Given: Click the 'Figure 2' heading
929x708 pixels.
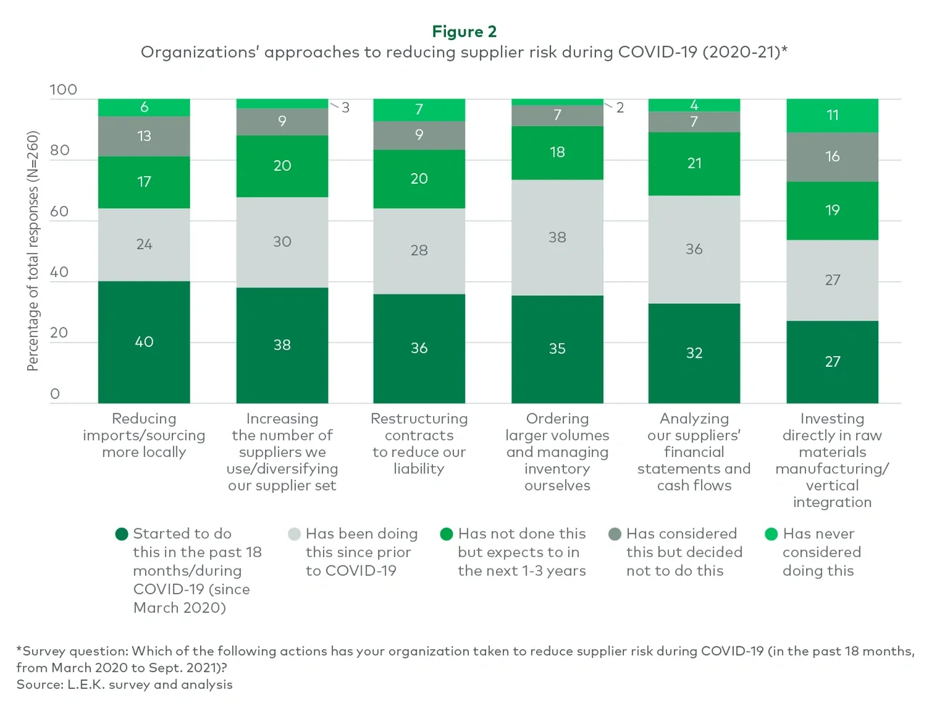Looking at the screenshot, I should pos(464,31).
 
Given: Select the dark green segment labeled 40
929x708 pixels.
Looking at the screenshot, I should pos(144,342).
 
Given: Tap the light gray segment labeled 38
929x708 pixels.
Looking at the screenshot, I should pos(557,237).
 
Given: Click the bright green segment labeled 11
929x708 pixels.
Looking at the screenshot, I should pos(832,115).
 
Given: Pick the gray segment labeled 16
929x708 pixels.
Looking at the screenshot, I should pos(832,157).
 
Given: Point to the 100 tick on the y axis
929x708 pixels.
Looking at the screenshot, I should pos(63,90).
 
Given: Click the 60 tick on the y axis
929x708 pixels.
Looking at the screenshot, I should pos(59,212).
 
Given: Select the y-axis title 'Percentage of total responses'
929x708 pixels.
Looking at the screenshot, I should pos(33,250).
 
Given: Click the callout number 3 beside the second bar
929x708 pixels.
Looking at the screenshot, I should pos(345,108).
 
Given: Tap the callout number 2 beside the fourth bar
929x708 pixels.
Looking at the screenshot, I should pos(620,108).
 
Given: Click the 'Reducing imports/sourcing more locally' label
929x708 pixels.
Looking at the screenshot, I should pos(144,435).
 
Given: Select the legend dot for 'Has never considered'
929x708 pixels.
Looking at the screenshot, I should pos(771,534).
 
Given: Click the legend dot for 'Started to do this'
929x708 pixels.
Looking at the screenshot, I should pos(121,534).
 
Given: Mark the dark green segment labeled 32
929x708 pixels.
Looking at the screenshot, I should pos(694,353).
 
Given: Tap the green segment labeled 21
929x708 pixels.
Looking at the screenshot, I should pos(694,164).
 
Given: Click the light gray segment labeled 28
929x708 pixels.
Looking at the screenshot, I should pos(419,250).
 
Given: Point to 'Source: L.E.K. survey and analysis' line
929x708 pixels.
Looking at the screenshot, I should pos(124,684).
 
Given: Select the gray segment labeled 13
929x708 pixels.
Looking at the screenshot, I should pos(144,136).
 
